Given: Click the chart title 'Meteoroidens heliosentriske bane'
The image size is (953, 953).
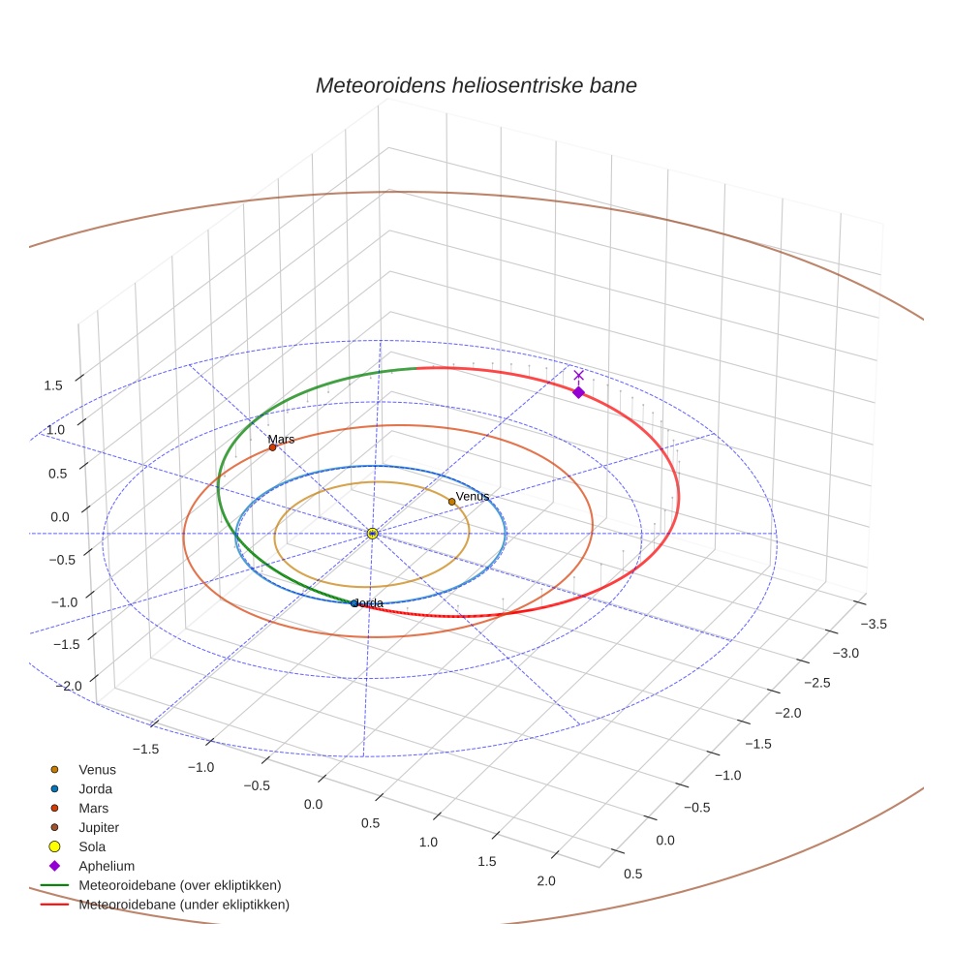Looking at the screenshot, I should pos(476,85).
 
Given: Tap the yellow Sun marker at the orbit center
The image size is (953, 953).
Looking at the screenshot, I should pos(372,533).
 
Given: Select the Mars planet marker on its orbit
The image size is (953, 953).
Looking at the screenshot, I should pos(272,447).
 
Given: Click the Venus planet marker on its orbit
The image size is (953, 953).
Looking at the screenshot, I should pos(451,502).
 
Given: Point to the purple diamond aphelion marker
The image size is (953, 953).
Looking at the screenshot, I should pos(578,392).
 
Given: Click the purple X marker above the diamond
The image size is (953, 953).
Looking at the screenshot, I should pos(579,375).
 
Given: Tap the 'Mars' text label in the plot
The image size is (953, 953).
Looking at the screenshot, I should pos(281,439).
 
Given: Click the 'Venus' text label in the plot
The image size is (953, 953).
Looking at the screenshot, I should pos(473,496).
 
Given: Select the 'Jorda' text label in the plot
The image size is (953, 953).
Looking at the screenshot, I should pos(367,602).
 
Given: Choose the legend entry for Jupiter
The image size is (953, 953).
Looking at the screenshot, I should pos(98,827).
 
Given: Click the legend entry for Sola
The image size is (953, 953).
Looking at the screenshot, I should pos(92,846).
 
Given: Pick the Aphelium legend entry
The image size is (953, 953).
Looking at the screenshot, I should pos(106,866).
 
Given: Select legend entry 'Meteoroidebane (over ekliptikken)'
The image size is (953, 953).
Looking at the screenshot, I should pos(179,885).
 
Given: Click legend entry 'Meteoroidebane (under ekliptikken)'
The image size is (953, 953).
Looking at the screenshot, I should pos(183,905).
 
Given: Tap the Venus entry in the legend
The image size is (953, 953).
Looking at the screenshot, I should pos(97,769).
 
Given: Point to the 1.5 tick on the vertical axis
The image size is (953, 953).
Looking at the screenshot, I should pos(54,385).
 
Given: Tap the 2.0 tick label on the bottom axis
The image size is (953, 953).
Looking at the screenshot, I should pos(545,880).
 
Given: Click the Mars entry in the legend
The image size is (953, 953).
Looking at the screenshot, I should pos(93,808).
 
